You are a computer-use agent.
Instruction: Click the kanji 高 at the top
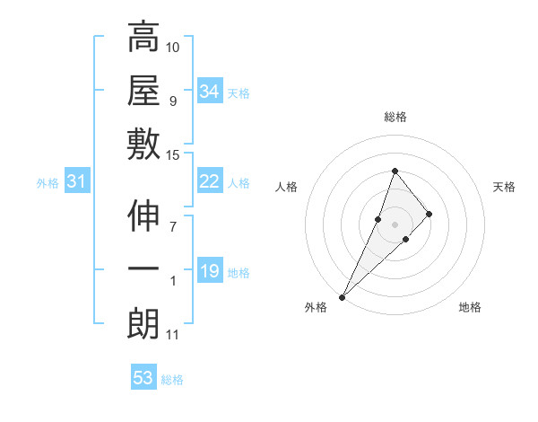[143, 40]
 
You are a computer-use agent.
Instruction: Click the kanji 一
[143, 270]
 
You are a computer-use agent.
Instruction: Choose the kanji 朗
[143, 324]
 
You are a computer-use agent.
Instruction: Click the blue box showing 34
[209, 92]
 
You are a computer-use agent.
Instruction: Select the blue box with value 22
[209, 181]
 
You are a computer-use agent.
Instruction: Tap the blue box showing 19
[209, 271]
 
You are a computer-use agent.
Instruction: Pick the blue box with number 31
[77, 182]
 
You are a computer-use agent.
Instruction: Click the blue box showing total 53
[143, 378]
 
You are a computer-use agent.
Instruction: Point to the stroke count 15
[173, 155]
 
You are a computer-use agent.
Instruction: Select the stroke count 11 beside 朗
[173, 335]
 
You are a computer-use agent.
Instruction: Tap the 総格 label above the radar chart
[395, 117]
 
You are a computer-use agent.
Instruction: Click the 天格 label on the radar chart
[504, 187]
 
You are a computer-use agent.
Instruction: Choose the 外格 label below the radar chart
[317, 308]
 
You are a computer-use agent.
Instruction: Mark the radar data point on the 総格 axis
[395, 171]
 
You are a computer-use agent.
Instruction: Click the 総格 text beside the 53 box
[173, 380]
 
